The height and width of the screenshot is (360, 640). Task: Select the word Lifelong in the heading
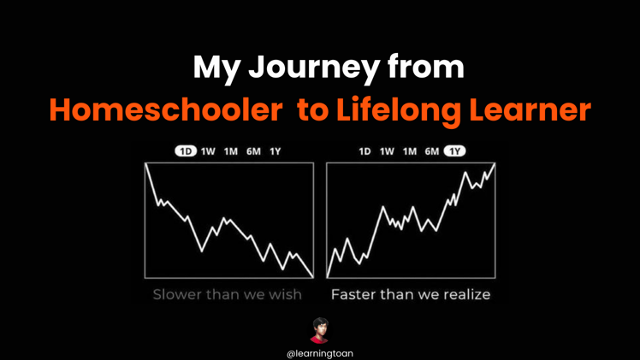[x=400, y=110]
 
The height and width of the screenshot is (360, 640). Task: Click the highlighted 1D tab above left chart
[x=186, y=151]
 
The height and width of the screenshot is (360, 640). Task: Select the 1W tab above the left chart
[x=208, y=151]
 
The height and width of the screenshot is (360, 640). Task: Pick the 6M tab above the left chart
[x=253, y=151]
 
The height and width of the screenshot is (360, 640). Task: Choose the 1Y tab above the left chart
[x=275, y=151]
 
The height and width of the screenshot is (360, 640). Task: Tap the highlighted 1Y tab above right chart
[x=454, y=151]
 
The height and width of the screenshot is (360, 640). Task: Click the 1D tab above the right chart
[x=364, y=151]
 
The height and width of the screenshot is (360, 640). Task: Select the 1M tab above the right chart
[x=410, y=151]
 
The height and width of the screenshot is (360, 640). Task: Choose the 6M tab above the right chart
[x=432, y=151]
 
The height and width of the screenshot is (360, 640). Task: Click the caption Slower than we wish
[x=227, y=294]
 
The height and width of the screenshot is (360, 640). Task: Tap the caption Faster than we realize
[x=411, y=294]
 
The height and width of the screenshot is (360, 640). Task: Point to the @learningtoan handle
[x=320, y=352]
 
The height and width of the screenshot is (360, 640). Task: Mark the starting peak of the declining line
[x=147, y=165]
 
